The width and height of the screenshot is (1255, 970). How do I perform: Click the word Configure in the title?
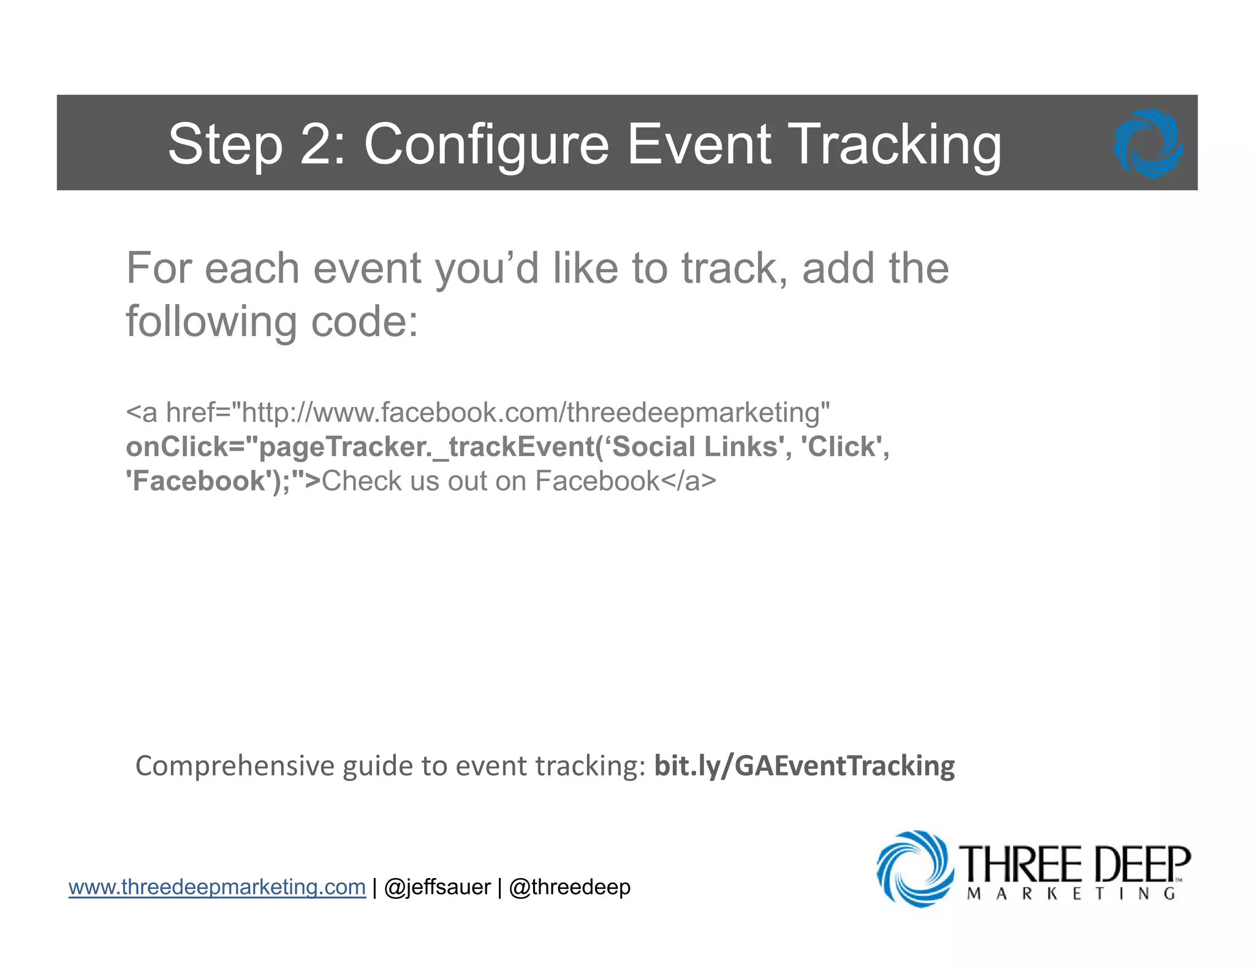tap(487, 145)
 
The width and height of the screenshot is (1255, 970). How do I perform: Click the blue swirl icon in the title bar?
tap(1148, 143)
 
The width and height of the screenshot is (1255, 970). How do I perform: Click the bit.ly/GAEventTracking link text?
tap(804, 766)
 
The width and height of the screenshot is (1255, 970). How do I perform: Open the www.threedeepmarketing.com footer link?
tap(217, 887)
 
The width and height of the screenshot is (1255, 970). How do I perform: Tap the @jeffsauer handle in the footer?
tap(437, 887)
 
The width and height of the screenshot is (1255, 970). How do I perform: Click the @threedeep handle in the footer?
tap(569, 887)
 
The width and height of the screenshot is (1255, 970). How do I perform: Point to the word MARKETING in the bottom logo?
tap(1071, 894)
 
